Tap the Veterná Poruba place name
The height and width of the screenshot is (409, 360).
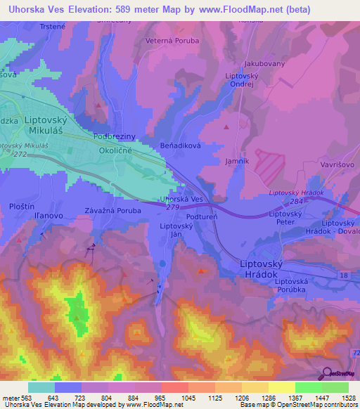coord(172,41)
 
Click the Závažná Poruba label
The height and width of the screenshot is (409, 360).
coord(113,210)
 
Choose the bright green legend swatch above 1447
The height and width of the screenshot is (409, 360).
coord(309,387)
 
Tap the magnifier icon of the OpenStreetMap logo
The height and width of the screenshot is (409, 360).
coord(328,375)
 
